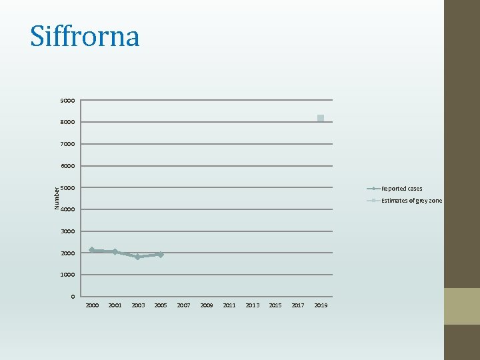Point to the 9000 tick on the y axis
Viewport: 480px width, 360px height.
67,101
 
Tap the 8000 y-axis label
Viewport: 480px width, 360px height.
67,123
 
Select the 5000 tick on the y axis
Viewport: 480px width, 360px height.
67,188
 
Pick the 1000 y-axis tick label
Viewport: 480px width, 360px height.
67,275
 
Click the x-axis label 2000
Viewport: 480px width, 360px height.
92,305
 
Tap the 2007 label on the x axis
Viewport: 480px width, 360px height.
183,305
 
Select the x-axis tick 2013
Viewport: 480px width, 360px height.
252,305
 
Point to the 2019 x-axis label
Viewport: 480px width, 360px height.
321,305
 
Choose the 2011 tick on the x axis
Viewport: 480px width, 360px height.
229,305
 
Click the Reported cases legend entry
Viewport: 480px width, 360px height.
401,189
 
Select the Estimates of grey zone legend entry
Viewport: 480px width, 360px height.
411,201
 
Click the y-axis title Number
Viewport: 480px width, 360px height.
57,198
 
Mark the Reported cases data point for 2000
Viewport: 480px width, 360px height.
92,250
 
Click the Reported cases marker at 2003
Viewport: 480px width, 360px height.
137,257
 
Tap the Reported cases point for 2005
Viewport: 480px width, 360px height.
160,255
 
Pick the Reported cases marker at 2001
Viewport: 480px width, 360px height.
115,251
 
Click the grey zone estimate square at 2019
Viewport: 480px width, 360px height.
321,118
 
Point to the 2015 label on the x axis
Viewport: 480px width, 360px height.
275,305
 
